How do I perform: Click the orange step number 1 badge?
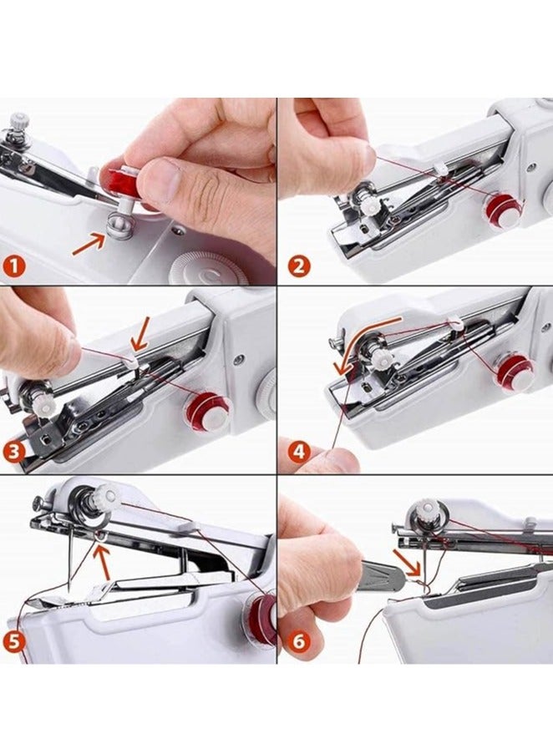[14, 265]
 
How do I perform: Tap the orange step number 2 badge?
[298, 266]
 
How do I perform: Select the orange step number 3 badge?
[14, 452]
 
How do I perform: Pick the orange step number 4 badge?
[298, 452]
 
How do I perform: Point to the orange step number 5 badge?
[14, 641]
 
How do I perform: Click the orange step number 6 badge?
[298, 641]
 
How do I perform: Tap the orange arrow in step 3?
[141, 334]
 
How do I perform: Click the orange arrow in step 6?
[408, 563]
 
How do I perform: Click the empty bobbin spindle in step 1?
[115, 225]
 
